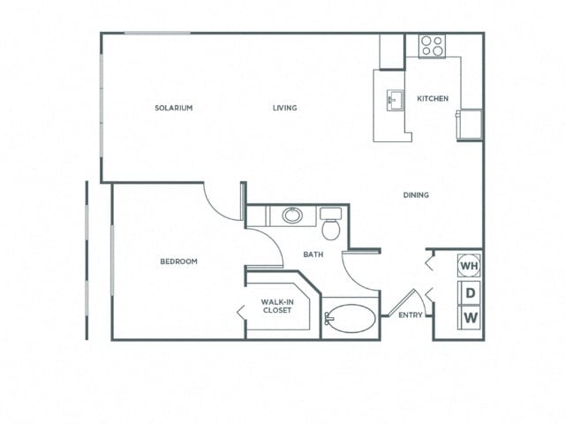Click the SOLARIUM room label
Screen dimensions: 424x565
coord(174,108)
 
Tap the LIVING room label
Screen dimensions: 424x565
coord(284,108)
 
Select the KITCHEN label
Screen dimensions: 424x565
coord(433,98)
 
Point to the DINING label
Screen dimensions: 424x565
coord(416,195)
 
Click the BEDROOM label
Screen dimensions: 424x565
coord(178,261)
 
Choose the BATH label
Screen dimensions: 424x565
coord(313,254)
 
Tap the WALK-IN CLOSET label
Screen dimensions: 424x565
coord(276,306)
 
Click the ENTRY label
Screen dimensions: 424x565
coord(410,315)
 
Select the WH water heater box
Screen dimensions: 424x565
coord(470,265)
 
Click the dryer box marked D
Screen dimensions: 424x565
coord(470,292)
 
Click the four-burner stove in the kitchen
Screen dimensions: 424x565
coord(432,46)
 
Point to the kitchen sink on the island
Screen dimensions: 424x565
coord(393,99)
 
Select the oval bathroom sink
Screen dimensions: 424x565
coord(291,215)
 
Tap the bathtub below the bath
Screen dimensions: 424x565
coord(349,319)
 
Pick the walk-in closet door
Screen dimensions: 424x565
coord(241,312)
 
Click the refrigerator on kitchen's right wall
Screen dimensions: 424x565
coord(469,124)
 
